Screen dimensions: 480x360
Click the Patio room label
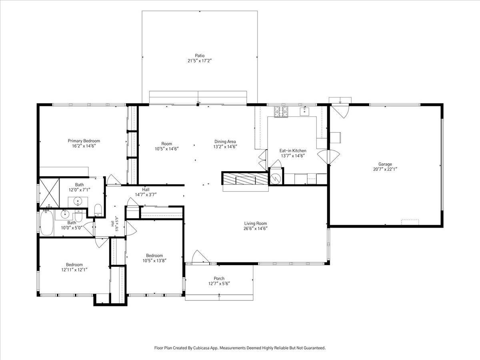click(200, 56)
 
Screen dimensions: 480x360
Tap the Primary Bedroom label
click(84, 141)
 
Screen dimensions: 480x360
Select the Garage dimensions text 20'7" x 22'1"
click(385, 169)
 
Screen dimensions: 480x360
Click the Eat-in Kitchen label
click(293, 151)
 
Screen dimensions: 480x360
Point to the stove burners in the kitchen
click(281, 112)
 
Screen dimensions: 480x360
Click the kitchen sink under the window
click(305, 111)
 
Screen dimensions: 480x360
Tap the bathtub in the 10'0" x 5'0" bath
click(46, 223)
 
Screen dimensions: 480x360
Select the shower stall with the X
click(49, 192)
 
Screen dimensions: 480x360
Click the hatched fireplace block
click(246, 178)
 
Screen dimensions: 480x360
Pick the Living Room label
click(256, 223)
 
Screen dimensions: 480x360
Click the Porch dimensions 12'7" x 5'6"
click(219, 284)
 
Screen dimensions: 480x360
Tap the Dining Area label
click(225, 142)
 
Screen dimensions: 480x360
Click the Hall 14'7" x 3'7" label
click(146, 192)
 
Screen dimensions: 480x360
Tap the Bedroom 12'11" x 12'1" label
click(74, 267)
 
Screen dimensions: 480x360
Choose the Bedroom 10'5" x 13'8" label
click(154, 258)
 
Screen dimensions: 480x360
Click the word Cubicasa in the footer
click(201, 348)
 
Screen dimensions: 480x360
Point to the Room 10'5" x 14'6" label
click(167, 146)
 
